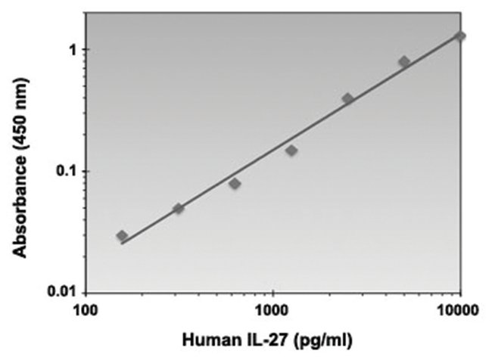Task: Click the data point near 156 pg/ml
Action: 122,236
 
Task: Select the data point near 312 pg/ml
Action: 179,209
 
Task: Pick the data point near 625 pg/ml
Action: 235,184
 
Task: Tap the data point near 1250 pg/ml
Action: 291,151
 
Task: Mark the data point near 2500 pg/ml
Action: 347,99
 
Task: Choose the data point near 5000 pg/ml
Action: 404,61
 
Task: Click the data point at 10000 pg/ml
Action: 459,36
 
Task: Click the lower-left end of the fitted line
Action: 122,243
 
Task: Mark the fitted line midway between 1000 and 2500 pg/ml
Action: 310,130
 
